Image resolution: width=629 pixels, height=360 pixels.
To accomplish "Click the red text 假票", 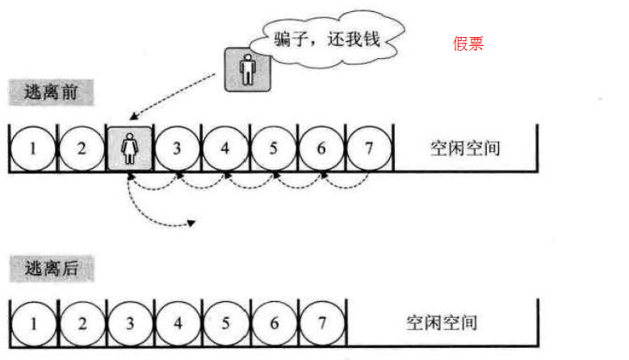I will [x=468, y=44].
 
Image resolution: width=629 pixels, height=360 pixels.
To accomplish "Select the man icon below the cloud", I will [x=247, y=70].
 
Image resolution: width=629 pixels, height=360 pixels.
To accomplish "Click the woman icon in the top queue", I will [x=129, y=149].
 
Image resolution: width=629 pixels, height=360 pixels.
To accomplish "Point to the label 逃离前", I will [x=52, y=92].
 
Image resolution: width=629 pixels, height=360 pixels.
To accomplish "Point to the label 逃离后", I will [x=52, y=268].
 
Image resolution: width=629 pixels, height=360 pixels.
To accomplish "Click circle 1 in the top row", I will [x=33, y=149].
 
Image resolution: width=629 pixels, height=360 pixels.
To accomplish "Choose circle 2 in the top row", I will [x=82, y=149].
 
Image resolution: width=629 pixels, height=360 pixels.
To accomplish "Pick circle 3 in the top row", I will [x=178, y=149].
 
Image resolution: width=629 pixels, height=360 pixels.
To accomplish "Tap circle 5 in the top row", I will [x=274, y=149].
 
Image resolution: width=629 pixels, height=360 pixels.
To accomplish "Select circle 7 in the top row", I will [x=369, y=149].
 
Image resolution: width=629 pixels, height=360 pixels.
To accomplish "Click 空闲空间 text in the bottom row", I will [x=441, y=323].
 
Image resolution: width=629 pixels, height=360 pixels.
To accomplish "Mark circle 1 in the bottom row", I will [x=33, y=323].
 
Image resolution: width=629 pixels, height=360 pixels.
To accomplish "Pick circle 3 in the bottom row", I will [x=129, y=323].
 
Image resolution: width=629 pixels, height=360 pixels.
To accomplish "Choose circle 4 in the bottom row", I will [x=178, y=323].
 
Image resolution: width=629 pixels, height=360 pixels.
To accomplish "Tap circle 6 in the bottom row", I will [x=274, y=323].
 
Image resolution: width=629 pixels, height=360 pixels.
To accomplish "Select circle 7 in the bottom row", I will [x=321, y=323].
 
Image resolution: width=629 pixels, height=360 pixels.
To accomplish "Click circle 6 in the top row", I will [x=321, y=149].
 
